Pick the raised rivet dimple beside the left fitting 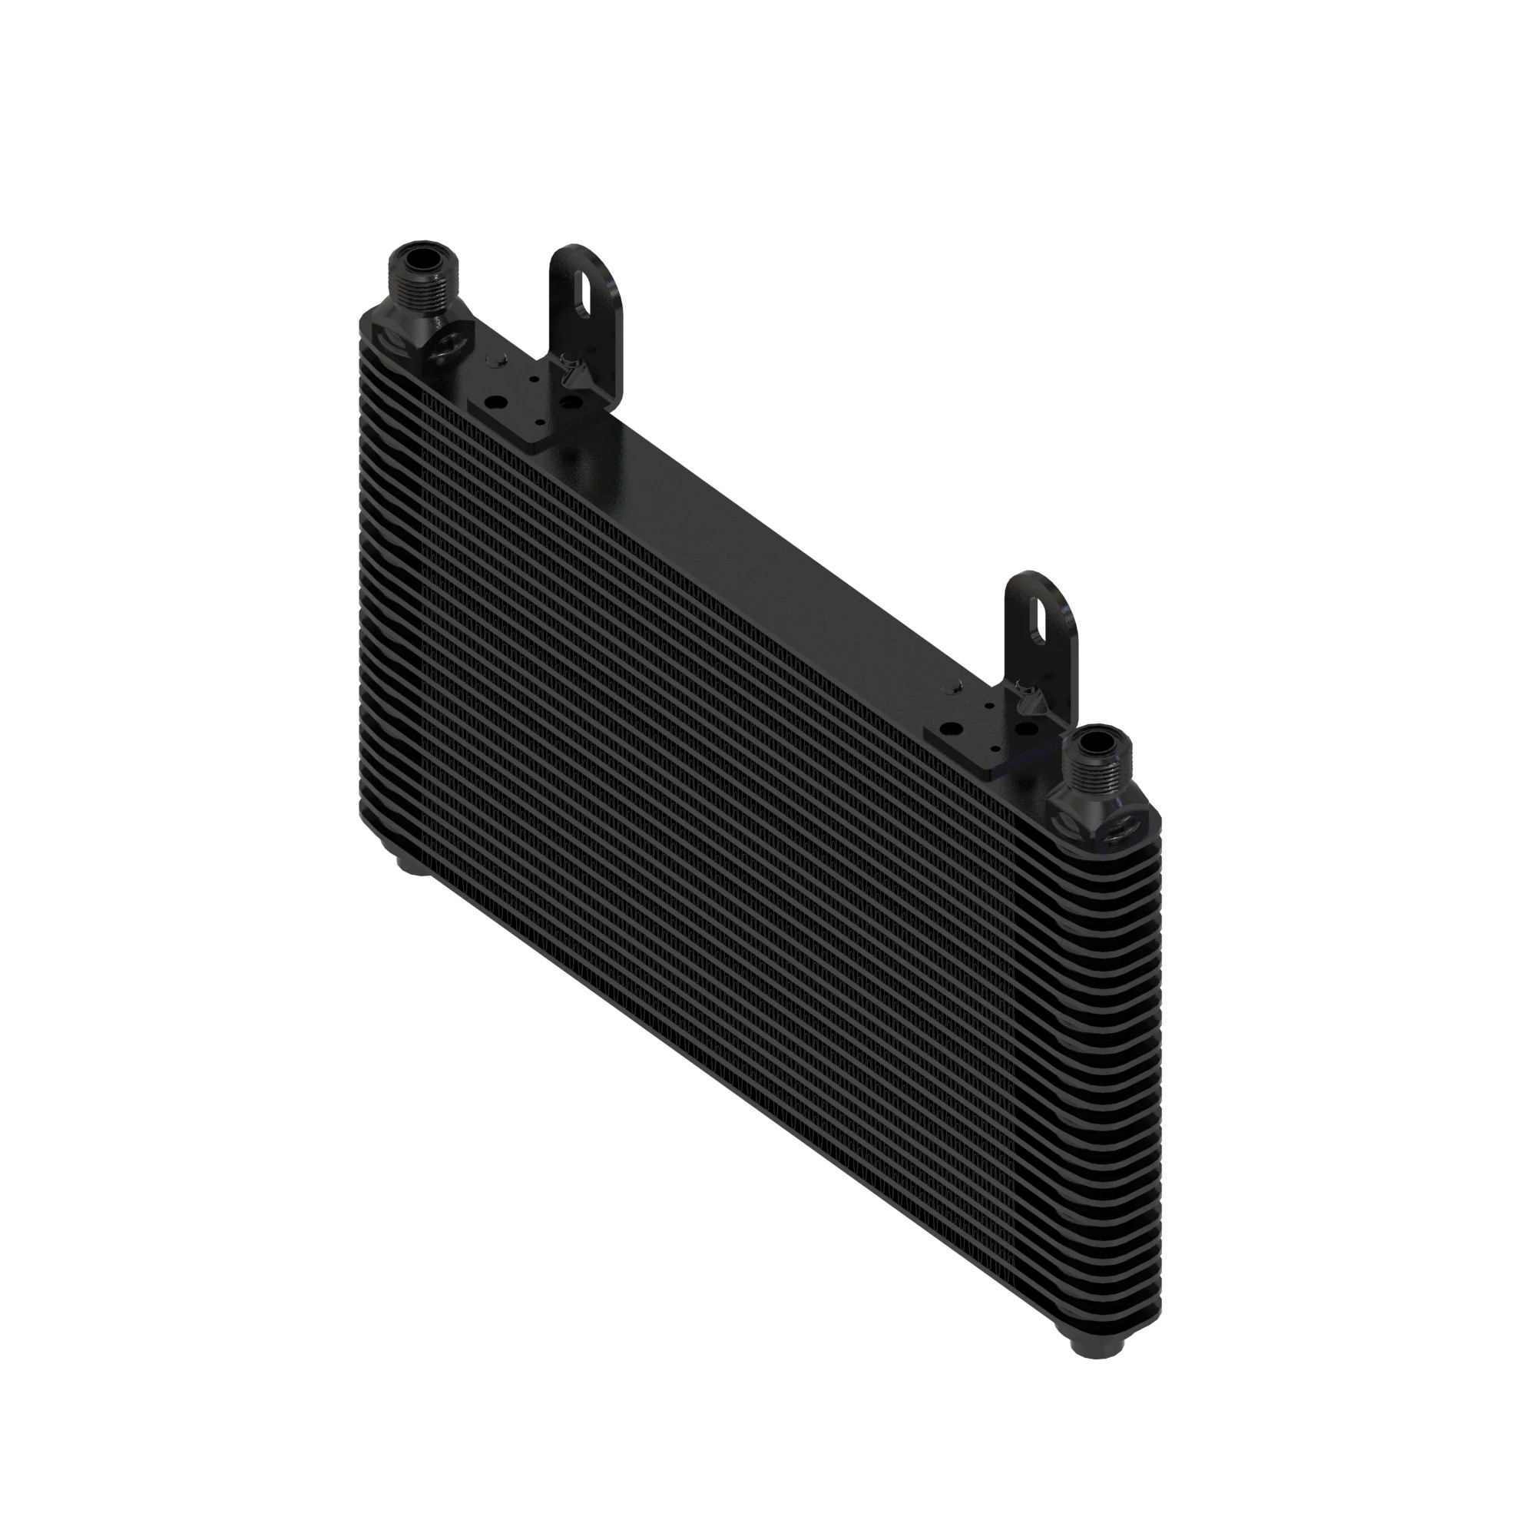[x=494, y=362]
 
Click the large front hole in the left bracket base [x=495, y=403]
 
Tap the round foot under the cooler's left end [x=413, y=865]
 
